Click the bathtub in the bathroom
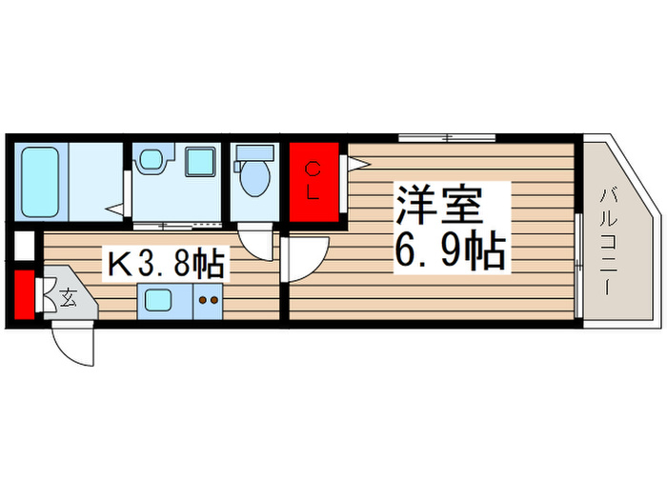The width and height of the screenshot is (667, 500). pos(40,181)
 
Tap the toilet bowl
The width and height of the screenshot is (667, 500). pos(254,179)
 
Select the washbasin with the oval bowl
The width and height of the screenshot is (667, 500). pos(151,160)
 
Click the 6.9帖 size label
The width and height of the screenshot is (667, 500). pos(449,250)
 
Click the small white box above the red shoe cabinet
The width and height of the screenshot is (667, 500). pos(24,247)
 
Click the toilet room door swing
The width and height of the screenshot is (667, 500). pos(252,243)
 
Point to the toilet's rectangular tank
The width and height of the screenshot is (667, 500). pos(253,152)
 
